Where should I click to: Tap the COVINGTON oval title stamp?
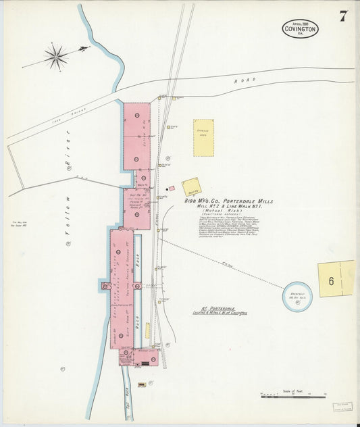click(300, 28)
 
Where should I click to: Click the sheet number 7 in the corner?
click(344, 17)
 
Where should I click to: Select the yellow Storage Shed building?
click(203, 138)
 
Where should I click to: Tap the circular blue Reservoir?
click(297, 295)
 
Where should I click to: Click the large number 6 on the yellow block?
click(332, 282)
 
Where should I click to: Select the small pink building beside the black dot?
click(172, 189)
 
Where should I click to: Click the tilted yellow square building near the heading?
click(191, 186)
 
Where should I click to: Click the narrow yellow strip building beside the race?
click(147, 330)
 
